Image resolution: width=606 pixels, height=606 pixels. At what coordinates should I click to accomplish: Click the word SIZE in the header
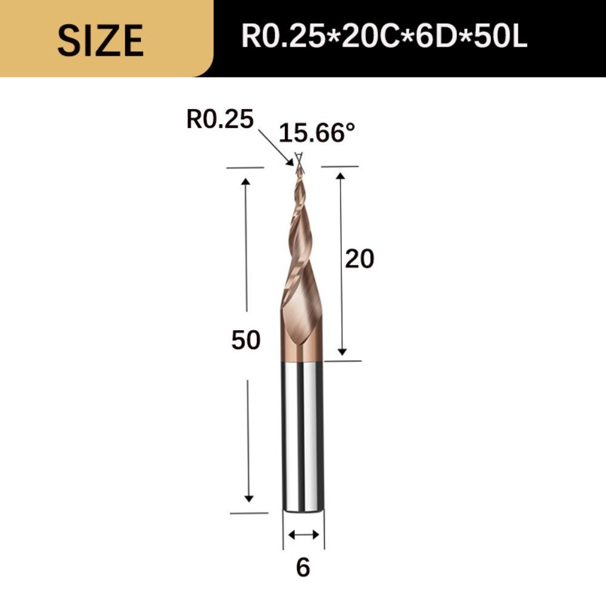point(100,41)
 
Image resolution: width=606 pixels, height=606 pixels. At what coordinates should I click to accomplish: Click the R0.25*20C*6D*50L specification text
point(384,37)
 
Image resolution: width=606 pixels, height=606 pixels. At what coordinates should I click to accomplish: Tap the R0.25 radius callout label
point(219,119)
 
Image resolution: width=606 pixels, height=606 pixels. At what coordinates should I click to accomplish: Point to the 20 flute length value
point(359,259)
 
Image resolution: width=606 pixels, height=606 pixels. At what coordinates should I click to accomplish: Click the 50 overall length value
point(245,341)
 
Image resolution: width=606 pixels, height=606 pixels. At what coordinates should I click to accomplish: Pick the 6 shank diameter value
point(303,568)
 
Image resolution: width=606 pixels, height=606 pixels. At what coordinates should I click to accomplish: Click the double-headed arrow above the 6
point(303,534)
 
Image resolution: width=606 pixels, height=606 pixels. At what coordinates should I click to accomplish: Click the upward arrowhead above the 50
point(246,182)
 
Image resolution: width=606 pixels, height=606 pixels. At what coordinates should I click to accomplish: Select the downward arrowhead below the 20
point(342,351)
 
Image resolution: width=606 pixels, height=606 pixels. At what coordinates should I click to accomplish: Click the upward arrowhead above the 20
point(341,176)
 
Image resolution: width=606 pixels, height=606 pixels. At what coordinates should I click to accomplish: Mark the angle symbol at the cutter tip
point(298,158)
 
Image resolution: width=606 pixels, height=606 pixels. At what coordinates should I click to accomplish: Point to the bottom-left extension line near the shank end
point(249,513)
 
